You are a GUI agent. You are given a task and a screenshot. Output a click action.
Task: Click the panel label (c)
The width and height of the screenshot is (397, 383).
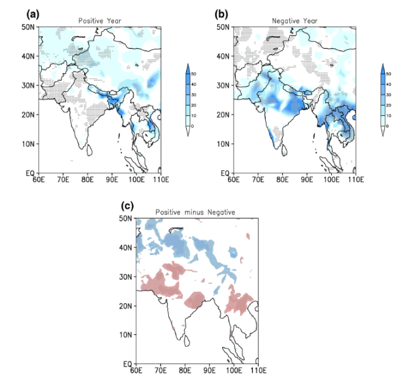pos(127,206)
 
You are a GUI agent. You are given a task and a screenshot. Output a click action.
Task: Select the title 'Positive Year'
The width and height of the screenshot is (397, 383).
pos(99,21)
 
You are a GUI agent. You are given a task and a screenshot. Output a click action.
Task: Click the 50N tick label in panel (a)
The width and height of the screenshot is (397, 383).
pos(28,27)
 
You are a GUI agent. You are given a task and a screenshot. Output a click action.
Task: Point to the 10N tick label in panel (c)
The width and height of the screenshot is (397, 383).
pos(126,335)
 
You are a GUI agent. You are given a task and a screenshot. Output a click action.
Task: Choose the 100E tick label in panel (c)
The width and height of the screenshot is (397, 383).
pos(234,371)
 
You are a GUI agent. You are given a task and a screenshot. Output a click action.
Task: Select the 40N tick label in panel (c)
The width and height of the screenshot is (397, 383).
pos(126,248)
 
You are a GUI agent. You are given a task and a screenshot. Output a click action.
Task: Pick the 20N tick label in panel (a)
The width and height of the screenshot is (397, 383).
pos(28,115)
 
